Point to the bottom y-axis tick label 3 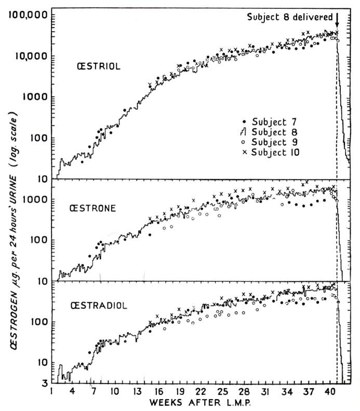[x=43, y=383]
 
